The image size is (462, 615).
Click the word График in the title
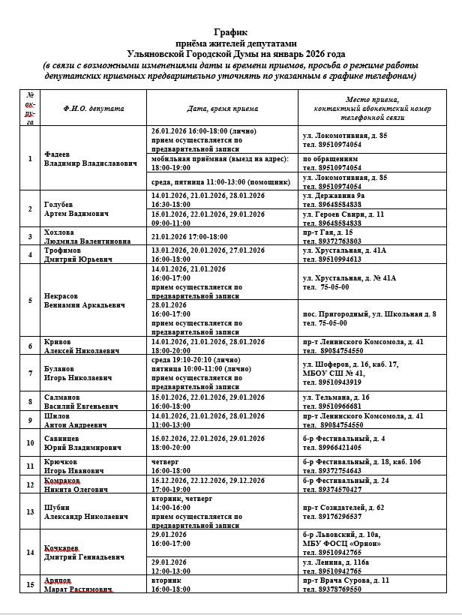(229, 33)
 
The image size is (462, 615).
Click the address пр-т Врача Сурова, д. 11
(346, 580)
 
